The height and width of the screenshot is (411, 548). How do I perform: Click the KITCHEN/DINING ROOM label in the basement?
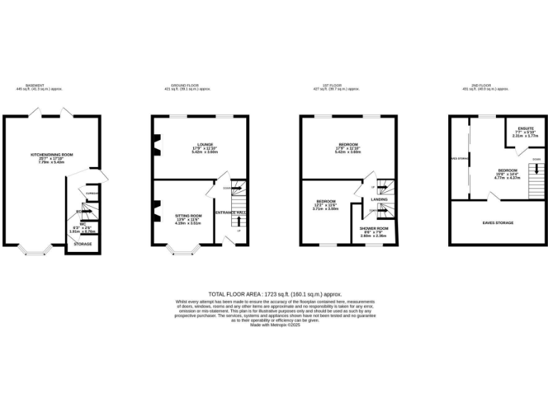[51, 155]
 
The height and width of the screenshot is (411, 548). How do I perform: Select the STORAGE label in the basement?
[83, 243]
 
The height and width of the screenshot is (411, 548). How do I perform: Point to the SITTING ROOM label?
[189, 215]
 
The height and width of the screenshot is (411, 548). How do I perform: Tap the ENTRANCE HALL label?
[230, 213]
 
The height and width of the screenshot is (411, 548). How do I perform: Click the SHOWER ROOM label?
[373, 228]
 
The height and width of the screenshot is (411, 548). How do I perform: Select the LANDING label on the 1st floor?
[379, 200]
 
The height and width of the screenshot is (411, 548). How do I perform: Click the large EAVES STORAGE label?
[498, 223]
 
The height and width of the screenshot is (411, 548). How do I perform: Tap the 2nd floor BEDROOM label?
[508, 171]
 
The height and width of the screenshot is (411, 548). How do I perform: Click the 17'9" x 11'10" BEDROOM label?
[347, 145]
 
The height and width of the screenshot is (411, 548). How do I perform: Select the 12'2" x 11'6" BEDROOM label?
[326, 201]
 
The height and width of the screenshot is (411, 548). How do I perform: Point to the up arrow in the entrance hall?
[238, 220]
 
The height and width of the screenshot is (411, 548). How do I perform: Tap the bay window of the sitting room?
[184, 250]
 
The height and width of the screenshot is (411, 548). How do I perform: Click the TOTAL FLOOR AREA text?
[275, 293]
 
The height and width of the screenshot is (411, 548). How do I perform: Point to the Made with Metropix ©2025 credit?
[275, 325]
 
